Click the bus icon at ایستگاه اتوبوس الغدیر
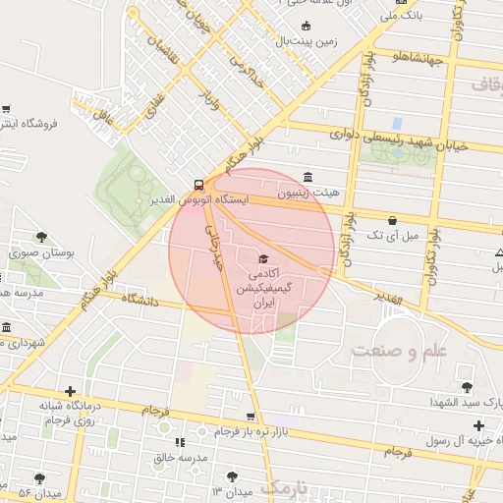coord(199,184)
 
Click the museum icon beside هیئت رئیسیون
coord(309,178)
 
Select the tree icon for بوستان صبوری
coord(41,236)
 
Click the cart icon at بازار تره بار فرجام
coord(251,417)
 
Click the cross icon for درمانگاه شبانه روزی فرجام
coord(69,391)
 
